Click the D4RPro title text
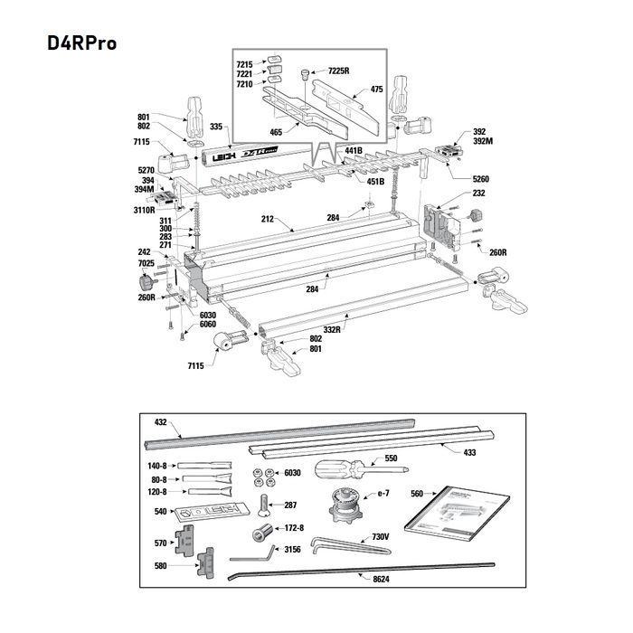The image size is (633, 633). [77, 43]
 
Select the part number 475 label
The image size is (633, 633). [377, 90]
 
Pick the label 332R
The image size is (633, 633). [332, 329]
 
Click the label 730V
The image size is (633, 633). [381, 536]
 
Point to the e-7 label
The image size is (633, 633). [383, 492]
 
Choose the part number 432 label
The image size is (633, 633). [162, 422]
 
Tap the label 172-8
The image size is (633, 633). [294, 527]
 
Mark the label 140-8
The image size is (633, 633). [158, 465]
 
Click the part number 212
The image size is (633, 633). [268, 219]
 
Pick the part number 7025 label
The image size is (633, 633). [146, 263]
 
